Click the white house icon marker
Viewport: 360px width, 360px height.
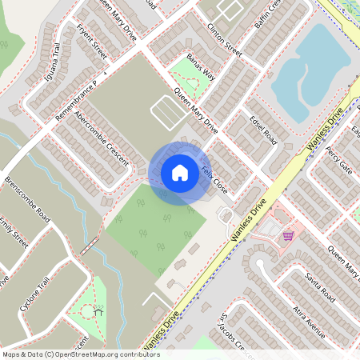tap(180, 172)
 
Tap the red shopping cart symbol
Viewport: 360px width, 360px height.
tap(287, 235)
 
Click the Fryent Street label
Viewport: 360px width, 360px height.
tap(91, 42)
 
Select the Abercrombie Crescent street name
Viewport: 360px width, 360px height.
tap(101, 138)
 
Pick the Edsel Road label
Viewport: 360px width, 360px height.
tap(262, 129)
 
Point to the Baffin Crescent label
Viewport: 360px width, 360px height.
tap(266, 18)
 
